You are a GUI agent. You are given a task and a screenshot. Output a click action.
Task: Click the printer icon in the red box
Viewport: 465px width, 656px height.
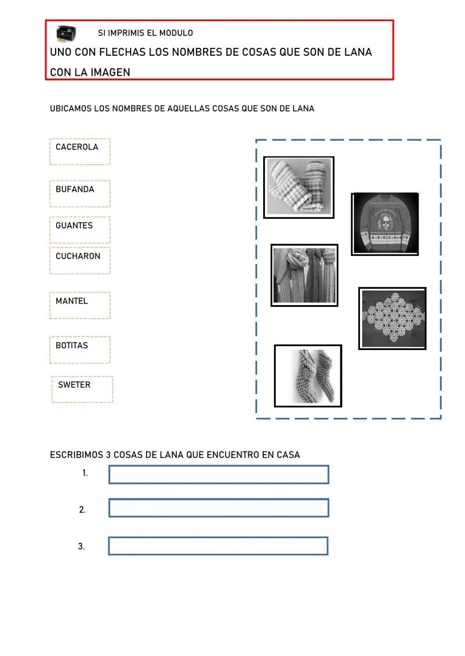(x=66, y=33)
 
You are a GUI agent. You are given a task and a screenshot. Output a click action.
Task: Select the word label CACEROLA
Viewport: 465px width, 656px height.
(x=80, y=151)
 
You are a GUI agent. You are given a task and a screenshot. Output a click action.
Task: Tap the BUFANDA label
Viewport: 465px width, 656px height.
(x=80, y=194)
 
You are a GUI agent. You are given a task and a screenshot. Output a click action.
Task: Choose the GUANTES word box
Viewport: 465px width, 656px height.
(x=80, y=229)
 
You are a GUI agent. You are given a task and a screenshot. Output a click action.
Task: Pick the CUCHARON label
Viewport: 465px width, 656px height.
(x=80, y=260)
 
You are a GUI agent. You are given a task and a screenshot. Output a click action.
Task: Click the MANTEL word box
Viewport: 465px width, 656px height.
(x=80, y=305)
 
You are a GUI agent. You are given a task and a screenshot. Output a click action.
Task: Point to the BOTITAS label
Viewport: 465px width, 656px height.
(x=80, y=350)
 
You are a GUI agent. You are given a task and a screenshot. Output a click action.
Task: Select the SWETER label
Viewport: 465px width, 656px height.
(x=82, y=389)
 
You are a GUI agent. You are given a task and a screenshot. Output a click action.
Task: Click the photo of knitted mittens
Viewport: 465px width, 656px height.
(x=299, y=187)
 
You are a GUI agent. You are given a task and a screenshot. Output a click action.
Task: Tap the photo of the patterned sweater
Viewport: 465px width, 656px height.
(x=385, y=224)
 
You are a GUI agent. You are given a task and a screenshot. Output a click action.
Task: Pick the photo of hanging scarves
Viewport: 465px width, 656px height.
(x=304, y=275)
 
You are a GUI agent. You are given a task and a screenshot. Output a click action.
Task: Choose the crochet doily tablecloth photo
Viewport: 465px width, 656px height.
(x=392, y=318)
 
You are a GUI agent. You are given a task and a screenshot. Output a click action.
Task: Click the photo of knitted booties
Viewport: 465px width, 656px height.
(x=308, y=376)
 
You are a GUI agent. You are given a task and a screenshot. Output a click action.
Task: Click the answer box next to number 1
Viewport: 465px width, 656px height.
(x=219, y=474)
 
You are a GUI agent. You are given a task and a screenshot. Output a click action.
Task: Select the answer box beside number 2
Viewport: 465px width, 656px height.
(x=219, y=508)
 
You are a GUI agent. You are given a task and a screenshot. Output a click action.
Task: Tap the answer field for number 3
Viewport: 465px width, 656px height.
(x=218, y=546)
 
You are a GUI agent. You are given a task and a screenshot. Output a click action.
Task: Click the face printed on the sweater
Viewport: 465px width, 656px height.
(x=384, y=221)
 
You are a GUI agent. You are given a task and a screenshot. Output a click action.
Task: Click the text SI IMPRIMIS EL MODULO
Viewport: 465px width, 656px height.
(x=145, y=33)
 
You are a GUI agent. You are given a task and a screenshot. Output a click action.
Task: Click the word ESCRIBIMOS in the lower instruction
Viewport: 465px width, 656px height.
(x=76, y=455)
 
